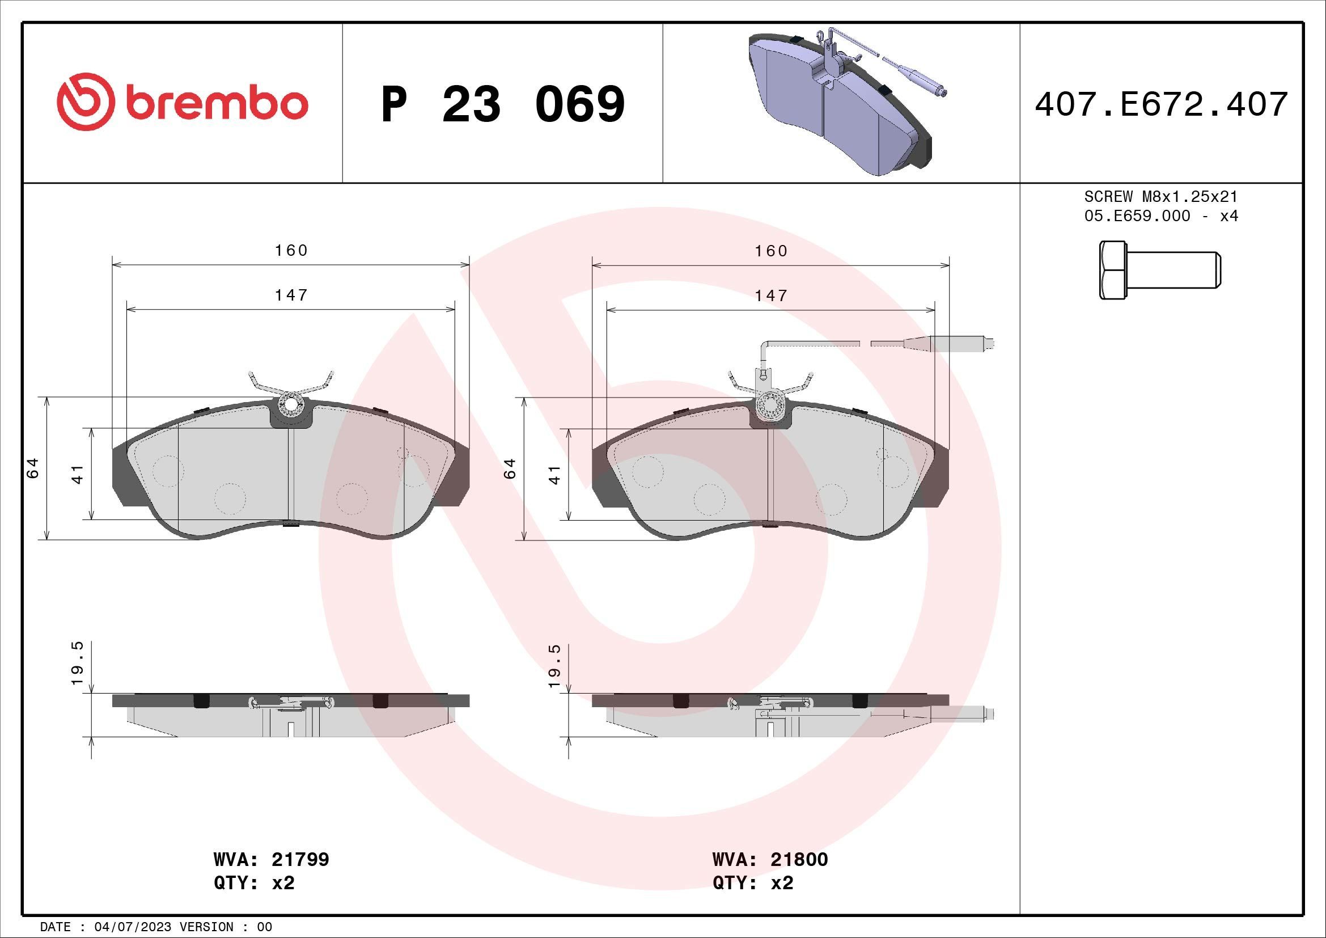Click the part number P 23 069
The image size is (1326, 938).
pyautogui.click(x=502, y=104)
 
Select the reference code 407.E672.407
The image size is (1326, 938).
pyautogui.click(x=1161, y=104)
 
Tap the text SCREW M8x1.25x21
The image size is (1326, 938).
pyautogui.click(x=1161, y=196)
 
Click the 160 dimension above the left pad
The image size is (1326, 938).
pyautogui.click(x=291, y=250)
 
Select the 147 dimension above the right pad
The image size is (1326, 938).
pyautogui.click(x=771, y=295)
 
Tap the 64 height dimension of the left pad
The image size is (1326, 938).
pyautogui.click(x=33, y=467)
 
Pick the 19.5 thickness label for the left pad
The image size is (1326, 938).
pyautogui.click(x=78, y=663)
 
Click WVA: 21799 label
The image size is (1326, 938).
pyautogui.click(x=271, y=859)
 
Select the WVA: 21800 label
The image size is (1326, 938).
pyautogui.click(x=770, y=859)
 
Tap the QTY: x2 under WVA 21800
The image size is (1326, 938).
pyautogui.click(x=752, y=883)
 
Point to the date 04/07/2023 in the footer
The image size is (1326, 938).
pyautogui.click(x=129, y=927)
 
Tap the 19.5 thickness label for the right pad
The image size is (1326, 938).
pyautogui.click(x=554, y=666)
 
